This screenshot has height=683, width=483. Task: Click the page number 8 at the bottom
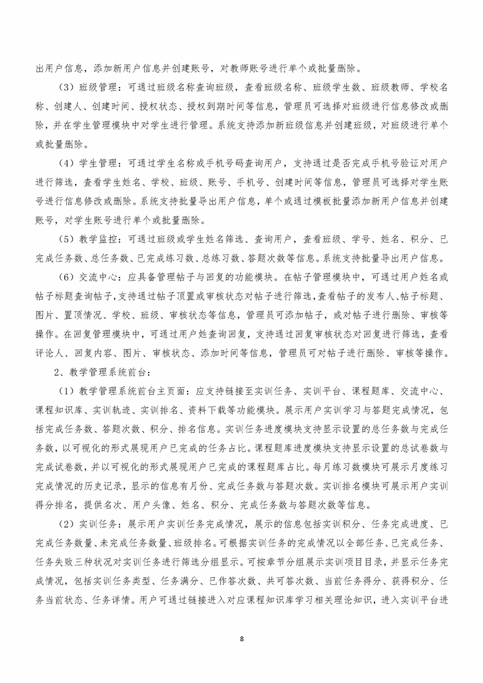tap(242, 639)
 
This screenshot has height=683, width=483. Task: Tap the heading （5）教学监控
tap(88, 237)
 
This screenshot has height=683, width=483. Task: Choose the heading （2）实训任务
tap(88, 525)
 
